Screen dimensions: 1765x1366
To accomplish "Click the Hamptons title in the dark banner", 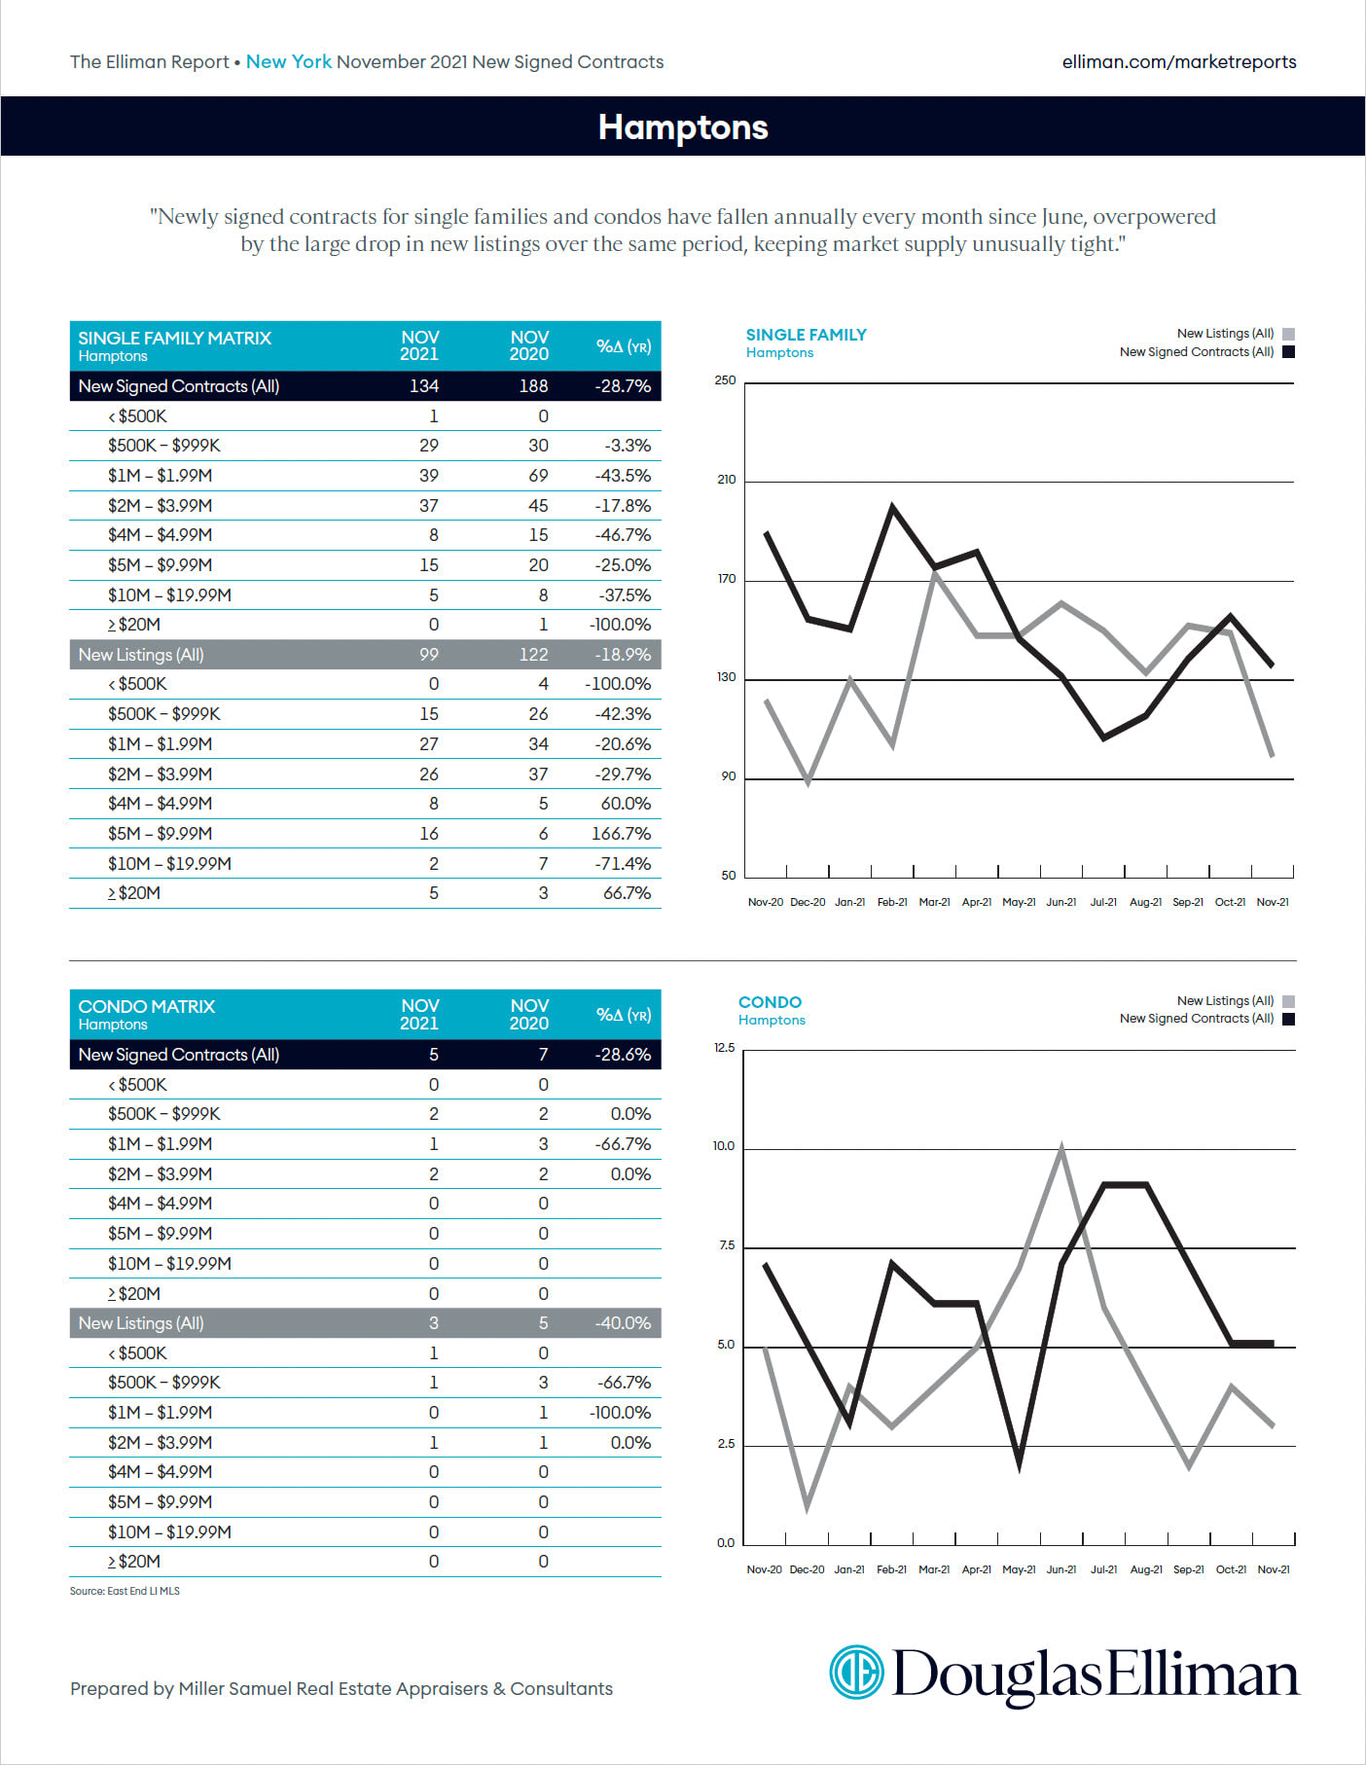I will click(683, 127).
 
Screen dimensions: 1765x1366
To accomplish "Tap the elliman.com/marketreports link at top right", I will click(1178, 62).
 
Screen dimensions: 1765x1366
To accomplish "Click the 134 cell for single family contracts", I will click(423, 386).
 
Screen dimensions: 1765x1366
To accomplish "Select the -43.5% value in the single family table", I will click(623, 476).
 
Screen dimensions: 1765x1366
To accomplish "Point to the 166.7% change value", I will click(621, 834).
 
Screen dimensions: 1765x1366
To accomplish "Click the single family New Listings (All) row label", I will click(141, 655).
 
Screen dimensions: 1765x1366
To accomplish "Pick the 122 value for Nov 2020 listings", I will click(533, 655).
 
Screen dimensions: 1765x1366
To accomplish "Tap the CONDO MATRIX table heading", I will click(147, 1007).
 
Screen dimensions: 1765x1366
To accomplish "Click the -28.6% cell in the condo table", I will click(623, 1055).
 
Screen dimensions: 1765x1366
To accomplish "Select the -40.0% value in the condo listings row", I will click(623, 1323).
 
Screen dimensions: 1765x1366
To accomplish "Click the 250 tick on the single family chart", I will click(725, 380).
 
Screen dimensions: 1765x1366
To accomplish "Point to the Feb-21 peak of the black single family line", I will click(892, 506).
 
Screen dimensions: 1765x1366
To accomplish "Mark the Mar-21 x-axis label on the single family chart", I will click(934, 903).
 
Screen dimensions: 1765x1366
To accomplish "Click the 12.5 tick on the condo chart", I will click(724, 1048).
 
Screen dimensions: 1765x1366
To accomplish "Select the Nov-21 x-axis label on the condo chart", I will click(1273, 1569).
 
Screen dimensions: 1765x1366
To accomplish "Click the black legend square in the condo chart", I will click(1288, 1020).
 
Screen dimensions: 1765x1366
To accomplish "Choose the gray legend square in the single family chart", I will click(1288, 334).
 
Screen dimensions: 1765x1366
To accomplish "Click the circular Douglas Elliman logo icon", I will click(856, 1673).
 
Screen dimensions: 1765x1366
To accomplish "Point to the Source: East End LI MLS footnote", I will click(125, 1591).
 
